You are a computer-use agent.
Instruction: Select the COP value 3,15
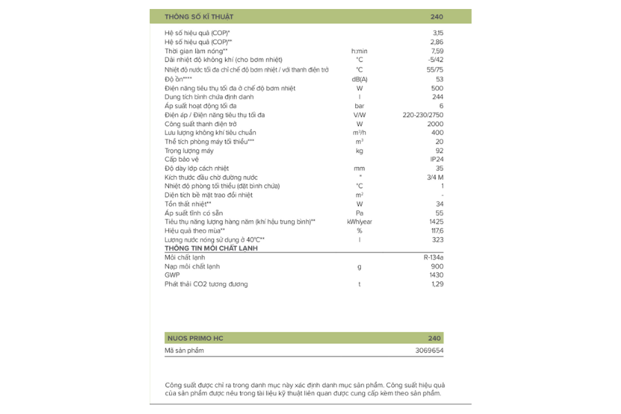[437, 33]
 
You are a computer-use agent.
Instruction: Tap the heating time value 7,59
[437, 51]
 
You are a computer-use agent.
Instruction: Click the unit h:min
[359, 51]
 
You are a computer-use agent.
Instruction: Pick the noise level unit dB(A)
[359, 79]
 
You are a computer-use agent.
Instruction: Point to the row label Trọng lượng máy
[189, 150]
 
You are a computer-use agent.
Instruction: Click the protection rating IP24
[437, 159]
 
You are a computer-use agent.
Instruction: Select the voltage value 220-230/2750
[423, 115]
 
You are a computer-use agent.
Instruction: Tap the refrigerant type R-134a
[433, 257]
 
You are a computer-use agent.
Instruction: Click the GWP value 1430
[436, 275]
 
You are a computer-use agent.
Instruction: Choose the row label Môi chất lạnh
[185, 257]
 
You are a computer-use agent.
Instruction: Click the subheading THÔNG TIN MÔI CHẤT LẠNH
[211, 248]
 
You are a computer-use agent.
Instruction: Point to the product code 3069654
[429, 351]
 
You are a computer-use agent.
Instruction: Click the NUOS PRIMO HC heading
[196, 338]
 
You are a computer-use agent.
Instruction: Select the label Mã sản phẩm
[184, 351]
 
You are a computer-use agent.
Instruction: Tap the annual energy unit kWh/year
[359, 221]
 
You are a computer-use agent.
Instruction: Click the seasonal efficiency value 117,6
[437, 230]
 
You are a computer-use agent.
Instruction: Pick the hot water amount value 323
[437, 239]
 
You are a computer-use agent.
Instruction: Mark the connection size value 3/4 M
[435, 177]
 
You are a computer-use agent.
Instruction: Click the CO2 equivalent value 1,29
[437, 284]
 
